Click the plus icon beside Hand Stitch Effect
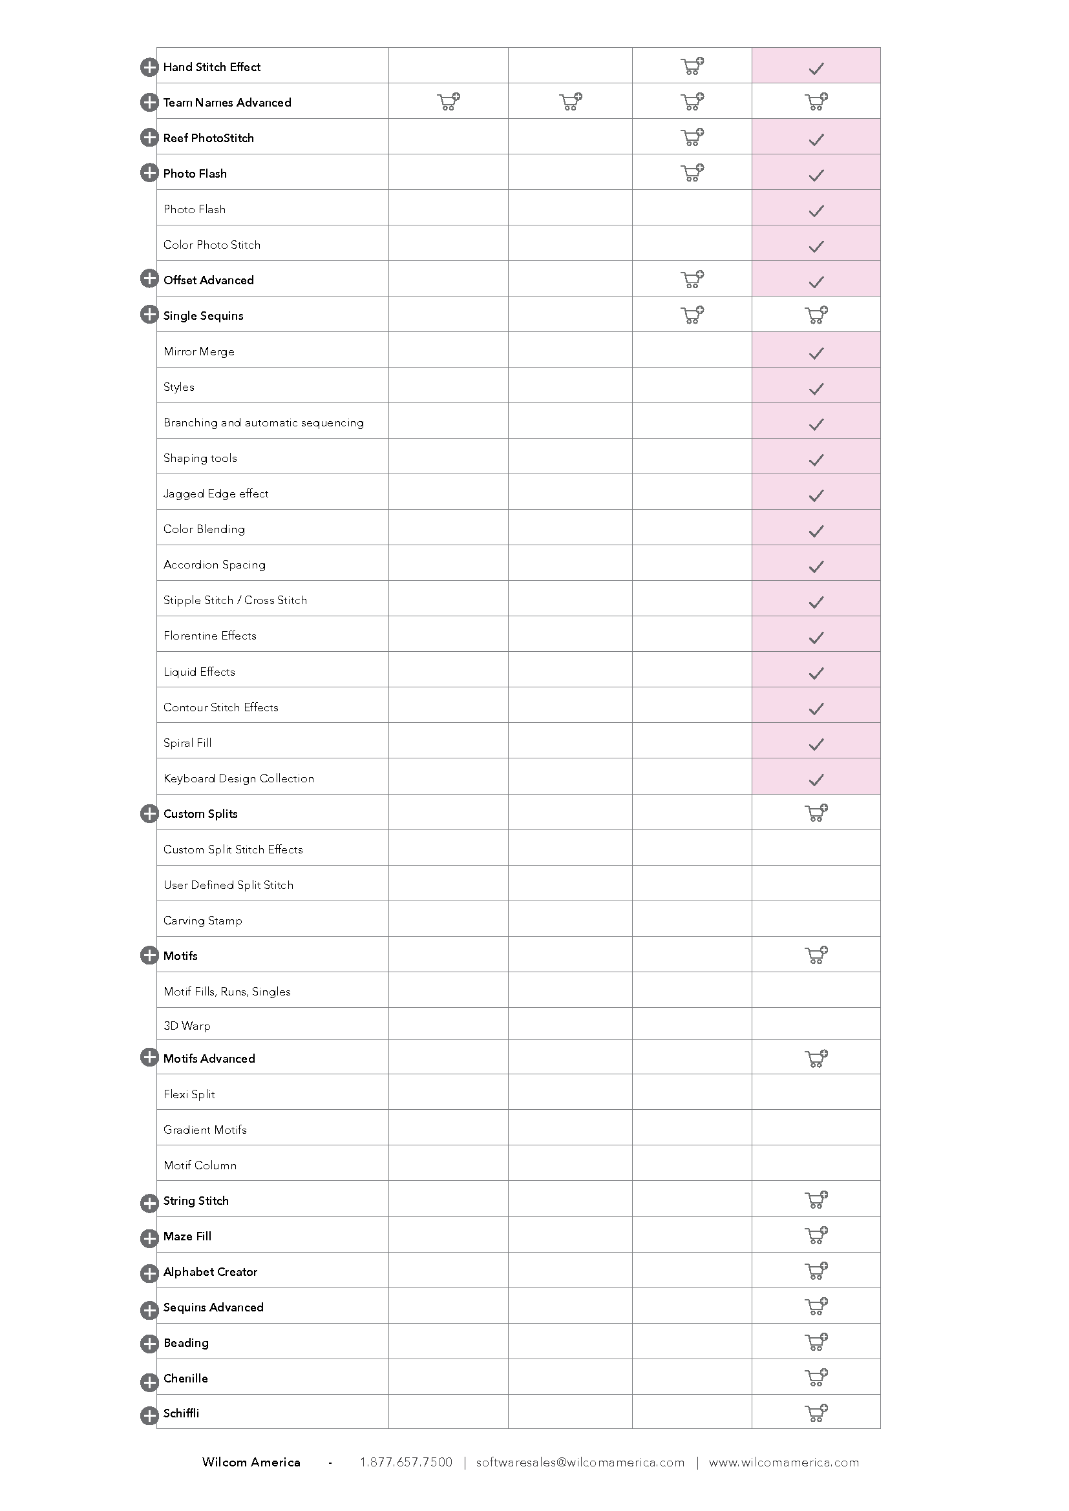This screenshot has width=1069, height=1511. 149,67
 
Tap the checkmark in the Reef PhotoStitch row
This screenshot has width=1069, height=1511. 816,140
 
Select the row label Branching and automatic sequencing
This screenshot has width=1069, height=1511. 263,422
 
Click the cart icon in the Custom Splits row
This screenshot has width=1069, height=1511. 816,813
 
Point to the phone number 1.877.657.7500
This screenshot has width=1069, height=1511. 406,1463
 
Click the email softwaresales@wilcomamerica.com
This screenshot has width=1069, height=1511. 580,1463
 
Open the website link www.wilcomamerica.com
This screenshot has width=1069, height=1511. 783,1463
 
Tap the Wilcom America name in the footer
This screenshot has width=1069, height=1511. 251,1463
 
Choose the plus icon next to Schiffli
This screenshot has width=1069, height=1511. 149,1415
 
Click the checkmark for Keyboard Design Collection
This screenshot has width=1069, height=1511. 816,780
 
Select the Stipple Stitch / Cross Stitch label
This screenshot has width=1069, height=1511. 235,600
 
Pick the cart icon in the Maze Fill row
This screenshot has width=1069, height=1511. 816,1235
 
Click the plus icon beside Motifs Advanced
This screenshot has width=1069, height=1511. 149,1058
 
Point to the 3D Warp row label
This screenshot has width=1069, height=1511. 187,1026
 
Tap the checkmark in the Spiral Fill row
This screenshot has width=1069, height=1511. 816,744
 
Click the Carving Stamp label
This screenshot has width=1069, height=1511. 203,921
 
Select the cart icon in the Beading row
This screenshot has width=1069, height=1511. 816,1342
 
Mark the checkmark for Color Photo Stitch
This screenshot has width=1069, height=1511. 816,246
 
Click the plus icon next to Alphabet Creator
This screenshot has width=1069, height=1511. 149,1273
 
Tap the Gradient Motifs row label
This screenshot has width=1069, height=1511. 205,1130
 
